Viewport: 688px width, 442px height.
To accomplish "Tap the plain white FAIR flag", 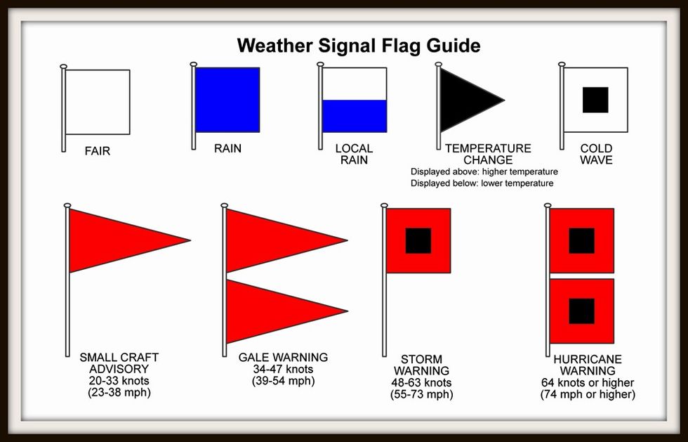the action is point(98,102).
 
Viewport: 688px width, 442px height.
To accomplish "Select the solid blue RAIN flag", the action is point(227,100).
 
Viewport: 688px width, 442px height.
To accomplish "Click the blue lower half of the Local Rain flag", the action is point(355,116).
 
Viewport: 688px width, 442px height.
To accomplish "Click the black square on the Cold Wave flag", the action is point(595,100).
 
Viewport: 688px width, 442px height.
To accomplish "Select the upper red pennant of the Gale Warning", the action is point(281,240).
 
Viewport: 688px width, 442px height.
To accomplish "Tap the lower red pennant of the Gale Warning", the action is point(281,311).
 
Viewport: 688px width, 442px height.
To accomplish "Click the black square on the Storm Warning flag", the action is point(418,241).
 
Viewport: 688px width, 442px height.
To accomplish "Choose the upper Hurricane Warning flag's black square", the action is point(582,241).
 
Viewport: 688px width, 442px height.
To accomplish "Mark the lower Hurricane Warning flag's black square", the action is point(582,311).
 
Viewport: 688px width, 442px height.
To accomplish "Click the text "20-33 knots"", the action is point(119,380).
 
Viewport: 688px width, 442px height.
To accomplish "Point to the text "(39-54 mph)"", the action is point(284,380).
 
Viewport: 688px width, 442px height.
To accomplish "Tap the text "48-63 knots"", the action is point(421,383).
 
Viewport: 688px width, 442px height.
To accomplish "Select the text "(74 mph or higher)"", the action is point(588,394).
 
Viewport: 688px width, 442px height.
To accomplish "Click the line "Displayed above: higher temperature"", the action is point(484,171).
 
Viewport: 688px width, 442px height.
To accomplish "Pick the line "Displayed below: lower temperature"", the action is point(482,183).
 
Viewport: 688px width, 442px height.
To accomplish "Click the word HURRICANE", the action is point(588,359).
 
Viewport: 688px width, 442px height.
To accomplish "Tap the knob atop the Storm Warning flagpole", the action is point(385,205).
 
